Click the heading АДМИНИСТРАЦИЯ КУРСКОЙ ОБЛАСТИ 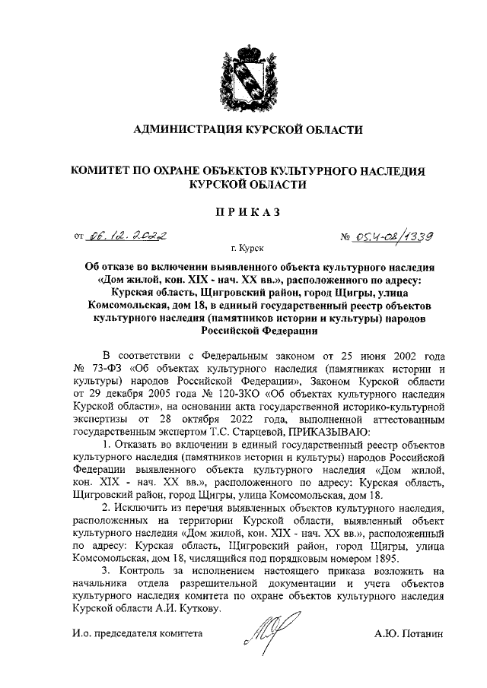[x=243, y=130]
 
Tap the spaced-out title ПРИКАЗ [x=243, y=211]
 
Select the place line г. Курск [x=243, y=249]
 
